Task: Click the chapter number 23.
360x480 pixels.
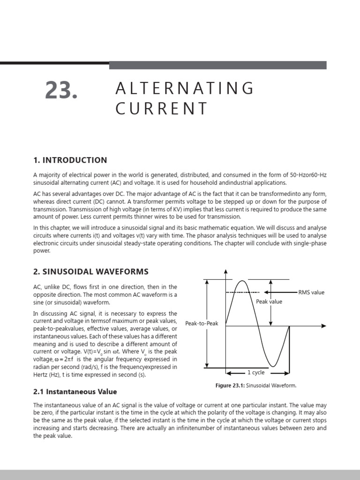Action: pyautogui.click(x=61, y=90)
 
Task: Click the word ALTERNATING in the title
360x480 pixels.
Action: pyautogui.click(x=185, y=88)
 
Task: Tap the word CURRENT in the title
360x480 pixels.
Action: pyautogui.click(x=161, y=108)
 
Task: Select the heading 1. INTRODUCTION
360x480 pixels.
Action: pyautogui.click(x=70, y=160)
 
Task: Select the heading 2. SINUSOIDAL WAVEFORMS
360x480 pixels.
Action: pyautogui.click(x=91, y=271)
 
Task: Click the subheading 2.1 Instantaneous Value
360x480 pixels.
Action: pyautogui.click(x=75, y=391)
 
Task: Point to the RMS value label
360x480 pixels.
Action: pyautogui.click(x=311, y=292)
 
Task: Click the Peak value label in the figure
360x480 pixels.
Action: pyautogui.click(x=269, y=302)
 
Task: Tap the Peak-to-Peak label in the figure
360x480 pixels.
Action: pyautogui.click(x=202, y=323)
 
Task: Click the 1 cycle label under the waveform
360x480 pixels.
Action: pyautogui.click(x=256, y=373)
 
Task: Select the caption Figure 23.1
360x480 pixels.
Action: pyautogui.click(x=255, y=385)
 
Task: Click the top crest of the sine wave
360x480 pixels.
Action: pyautogui.click(x=241, y=281)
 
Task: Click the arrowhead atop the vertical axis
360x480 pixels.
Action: pyautogui.click(x=226, y=271)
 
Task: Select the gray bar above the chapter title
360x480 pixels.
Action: pyautogui.click(x=217, y=65)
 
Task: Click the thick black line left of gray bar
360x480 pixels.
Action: pyautogui.click(x=54, y=63)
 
